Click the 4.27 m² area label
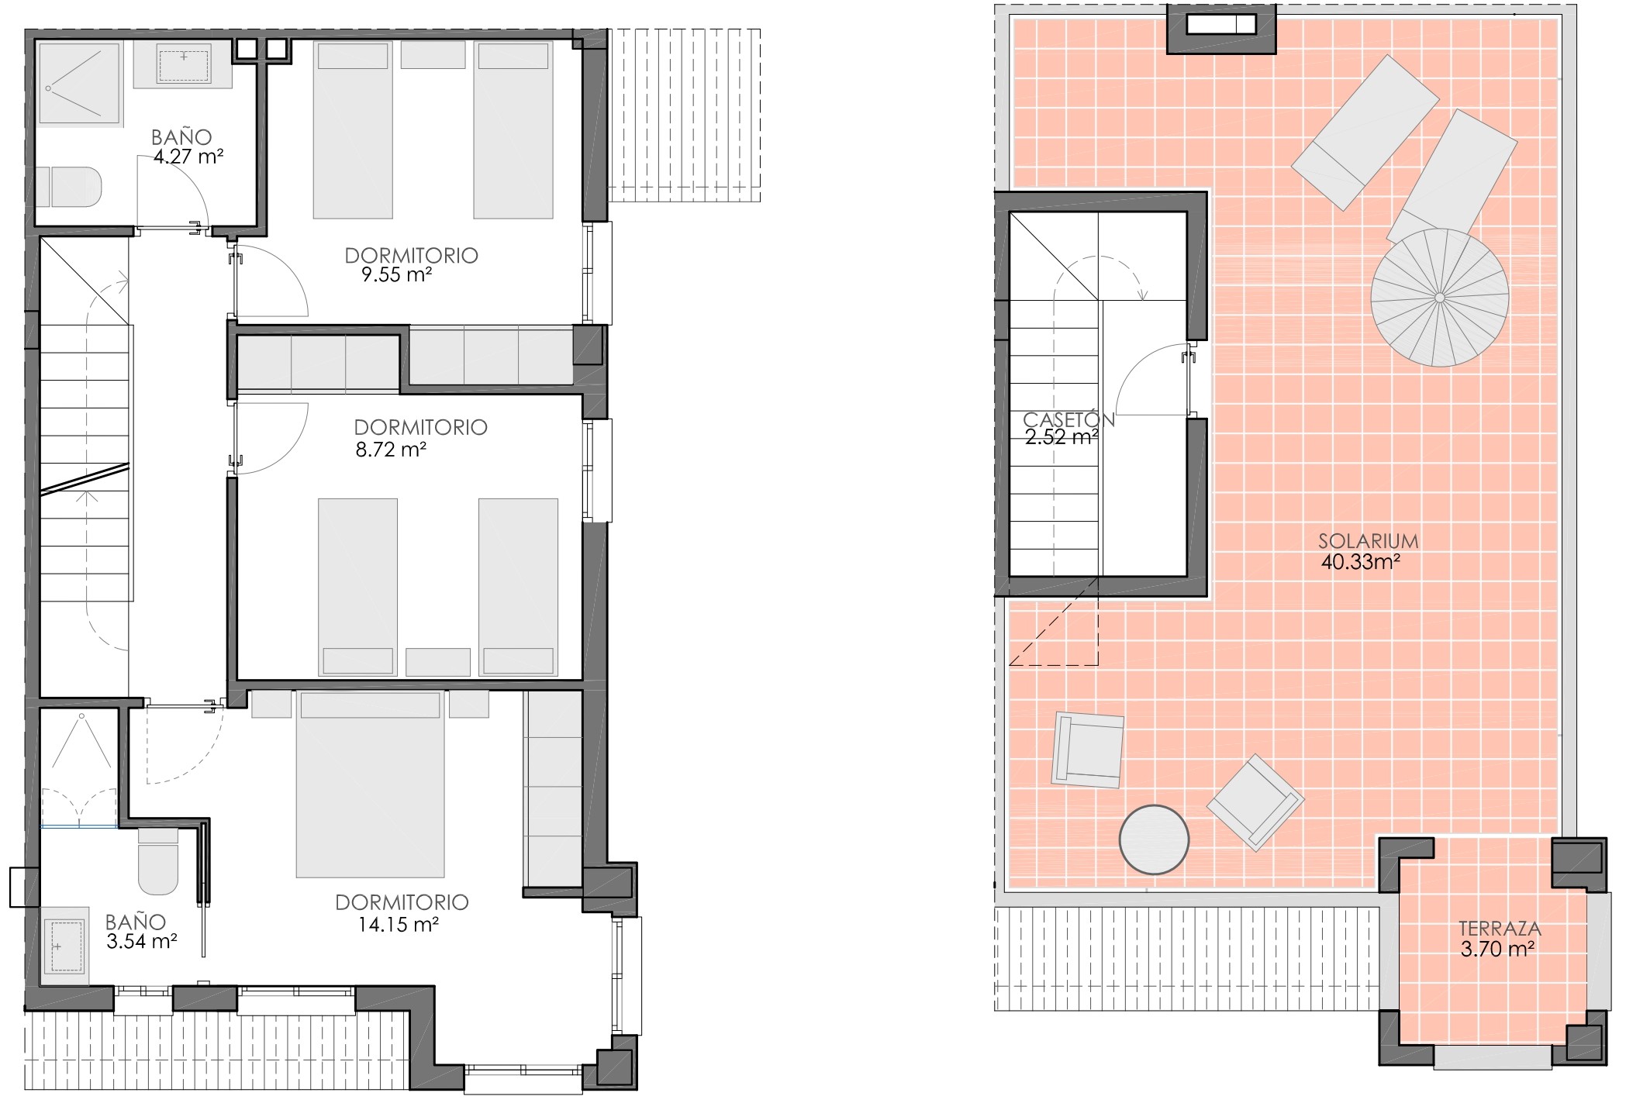tap(188, 157)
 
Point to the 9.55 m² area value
tap(396, 274)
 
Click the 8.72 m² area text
tap(391, 449)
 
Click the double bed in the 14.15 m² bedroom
tap(371, 784)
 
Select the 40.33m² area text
tap(1360, 561)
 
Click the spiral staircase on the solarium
tap(1439, 298)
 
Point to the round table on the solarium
tap(1155, 840)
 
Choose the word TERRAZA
tap(1500, 928)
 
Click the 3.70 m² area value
tap(1498, 948)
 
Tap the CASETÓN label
tap(1068, 419)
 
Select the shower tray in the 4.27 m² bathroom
tap(80, 84)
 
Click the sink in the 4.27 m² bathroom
tap(184, 64)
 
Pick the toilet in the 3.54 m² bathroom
tap(158, 861)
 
